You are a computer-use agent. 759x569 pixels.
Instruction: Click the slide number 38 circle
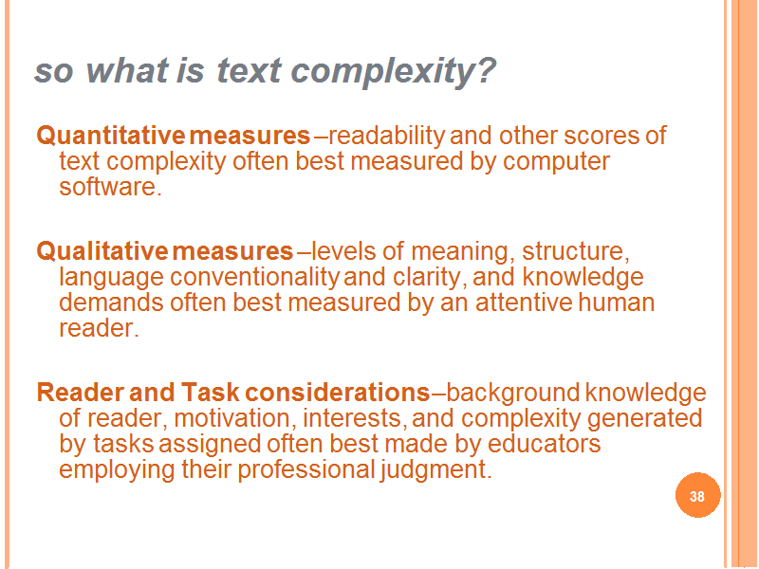[x=697, y=495]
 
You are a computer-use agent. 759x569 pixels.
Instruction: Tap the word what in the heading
[x=127, y=70]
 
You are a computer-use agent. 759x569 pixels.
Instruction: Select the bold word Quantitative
[x=110, y=135]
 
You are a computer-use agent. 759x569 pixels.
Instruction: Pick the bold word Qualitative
[x=102, y=251]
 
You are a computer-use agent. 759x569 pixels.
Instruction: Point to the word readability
[x=386, y=136]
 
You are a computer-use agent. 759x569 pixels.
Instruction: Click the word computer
[x=556, y=161]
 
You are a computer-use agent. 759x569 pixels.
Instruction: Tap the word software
[x=110, y=187]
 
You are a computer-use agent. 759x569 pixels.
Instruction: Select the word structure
[x=576, y=251]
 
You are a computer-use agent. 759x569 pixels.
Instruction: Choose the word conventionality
[x=254, y=278]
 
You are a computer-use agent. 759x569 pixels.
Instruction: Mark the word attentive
[x=524, y=303]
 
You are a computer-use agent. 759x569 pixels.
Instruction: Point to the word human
[x=616, y=303]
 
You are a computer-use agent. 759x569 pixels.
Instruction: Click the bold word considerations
[x=338, y=393]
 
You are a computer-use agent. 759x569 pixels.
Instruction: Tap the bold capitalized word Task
[x=211, y=393]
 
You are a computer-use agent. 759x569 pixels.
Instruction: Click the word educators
[x=544, y=444]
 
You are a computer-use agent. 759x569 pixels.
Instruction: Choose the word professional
[x=306, y=469]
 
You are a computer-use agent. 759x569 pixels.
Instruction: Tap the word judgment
[x=435, y=469]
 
